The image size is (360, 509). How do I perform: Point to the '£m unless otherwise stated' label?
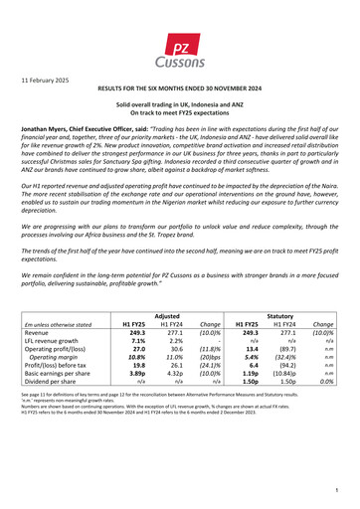coord(63,350)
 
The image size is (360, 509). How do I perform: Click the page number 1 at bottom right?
coord(338,490)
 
